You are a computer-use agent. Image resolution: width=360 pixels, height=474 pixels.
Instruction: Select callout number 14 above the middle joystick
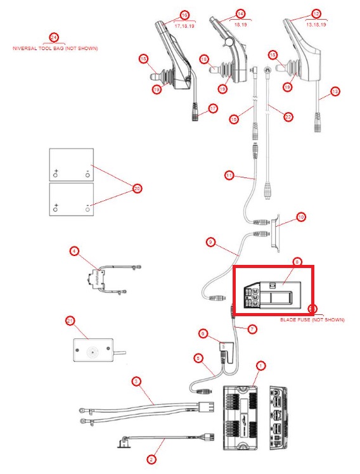pos(240,14)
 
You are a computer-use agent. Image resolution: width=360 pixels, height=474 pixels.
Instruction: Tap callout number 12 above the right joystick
pos(316,14)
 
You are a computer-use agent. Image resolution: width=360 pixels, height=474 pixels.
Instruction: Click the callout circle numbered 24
pos(54,37)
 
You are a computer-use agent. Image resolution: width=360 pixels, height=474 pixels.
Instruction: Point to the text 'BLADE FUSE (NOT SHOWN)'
pos(312,320)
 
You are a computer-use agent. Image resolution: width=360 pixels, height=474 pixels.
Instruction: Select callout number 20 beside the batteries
pos(136,188)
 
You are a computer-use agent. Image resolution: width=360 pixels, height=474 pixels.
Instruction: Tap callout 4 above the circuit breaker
pos(74,252)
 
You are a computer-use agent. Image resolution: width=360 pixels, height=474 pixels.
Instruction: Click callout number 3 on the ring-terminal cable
pos(136,381)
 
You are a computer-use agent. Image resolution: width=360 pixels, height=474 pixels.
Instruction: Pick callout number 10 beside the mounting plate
pos(301,217)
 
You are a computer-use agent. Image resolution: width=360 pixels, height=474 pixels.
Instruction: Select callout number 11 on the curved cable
pos(229,174)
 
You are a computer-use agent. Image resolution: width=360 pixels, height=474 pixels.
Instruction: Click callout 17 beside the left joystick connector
pos(213,108)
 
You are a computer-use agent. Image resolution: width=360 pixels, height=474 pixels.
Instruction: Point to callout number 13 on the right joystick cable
pos(335,91)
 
